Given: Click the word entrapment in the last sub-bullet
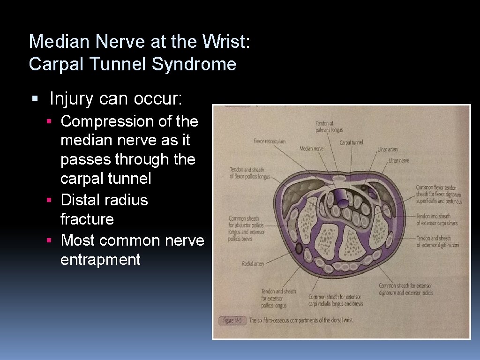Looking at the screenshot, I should point(100,259).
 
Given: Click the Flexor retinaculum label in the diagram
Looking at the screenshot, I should point(269,141).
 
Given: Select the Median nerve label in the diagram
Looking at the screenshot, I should point(311,149).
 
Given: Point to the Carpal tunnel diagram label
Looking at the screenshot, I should point(351,142).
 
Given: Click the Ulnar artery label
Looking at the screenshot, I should point(388,150).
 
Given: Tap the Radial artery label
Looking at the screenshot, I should point(253,264).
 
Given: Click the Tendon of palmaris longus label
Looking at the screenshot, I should point(329,127).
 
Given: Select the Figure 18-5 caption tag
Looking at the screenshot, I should point(232,321).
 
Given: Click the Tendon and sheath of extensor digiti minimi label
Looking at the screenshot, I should point(437,241).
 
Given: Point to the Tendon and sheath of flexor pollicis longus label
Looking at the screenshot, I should point(247,173).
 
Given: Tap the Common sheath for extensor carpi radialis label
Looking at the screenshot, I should point(335,300).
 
